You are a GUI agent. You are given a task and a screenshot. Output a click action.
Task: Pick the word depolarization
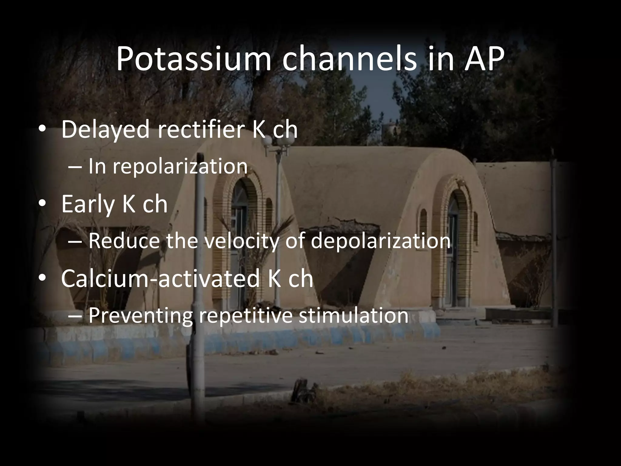point(381,241)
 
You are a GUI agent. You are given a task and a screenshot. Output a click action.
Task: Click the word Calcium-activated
point(160,279)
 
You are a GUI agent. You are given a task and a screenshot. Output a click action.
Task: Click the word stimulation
point(353,315)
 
